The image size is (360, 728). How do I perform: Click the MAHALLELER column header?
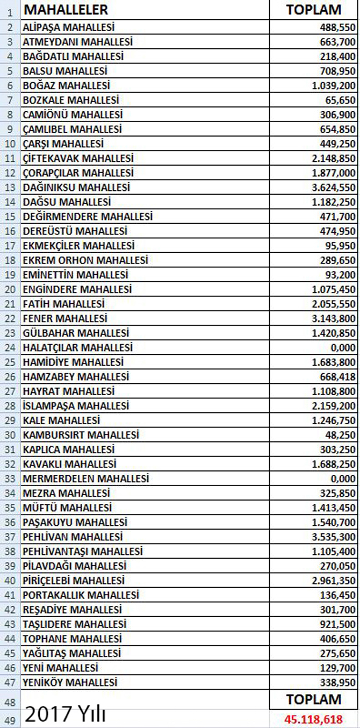tap(66, 10)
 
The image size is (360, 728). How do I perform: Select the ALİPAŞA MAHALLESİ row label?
tap(68, 27)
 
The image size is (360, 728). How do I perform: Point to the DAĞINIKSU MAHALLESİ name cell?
tap(76, 187)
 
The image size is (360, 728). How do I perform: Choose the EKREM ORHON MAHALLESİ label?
tap(85, 260)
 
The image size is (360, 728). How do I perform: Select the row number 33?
tap(10, 479)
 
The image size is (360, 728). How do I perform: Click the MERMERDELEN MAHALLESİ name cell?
tap(86, 479)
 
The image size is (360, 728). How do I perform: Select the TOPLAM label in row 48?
tap(314, 700)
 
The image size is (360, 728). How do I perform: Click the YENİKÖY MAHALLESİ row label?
tap(70, 682)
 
